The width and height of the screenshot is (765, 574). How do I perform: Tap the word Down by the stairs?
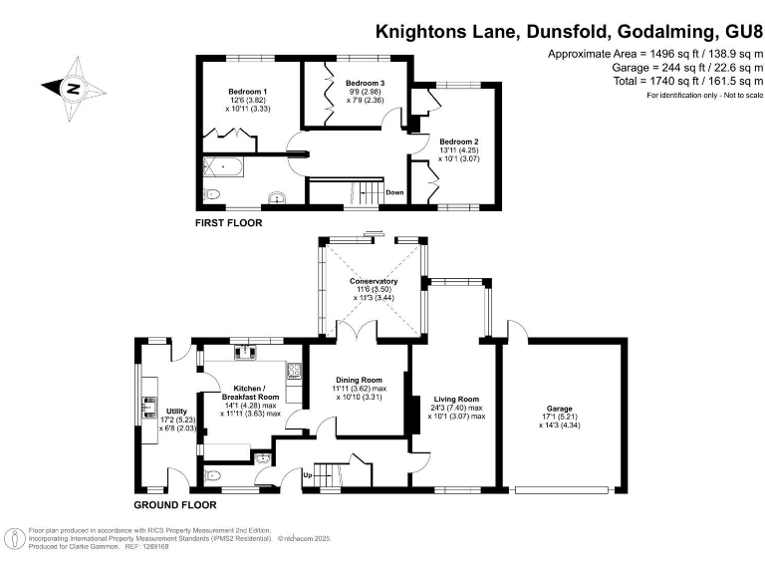pyautogui.click(x=395, y=192)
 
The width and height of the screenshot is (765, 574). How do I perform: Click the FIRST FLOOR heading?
pyautogui.click(x=228, y=223)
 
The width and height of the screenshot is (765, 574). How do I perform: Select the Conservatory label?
pyautogui.click(x=374, y=281)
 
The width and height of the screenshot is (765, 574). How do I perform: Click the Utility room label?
pyautogui.click(x=176, y=411)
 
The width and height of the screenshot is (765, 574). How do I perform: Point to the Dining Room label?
pyautogui.click(x=359, y=380)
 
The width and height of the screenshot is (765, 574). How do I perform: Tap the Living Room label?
pyautogui.click(x=455, y=399)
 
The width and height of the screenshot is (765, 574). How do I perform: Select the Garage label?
pyautogui.click(x=563, y=409)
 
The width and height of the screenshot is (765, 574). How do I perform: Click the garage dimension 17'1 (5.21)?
pyautogui.click(x=563, y=418)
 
